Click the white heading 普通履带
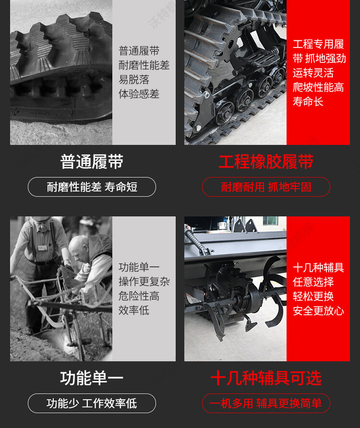point(92,162)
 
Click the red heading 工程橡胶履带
point(266,162)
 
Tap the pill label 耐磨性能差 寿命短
point(92,187)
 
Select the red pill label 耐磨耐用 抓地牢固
point(266,187)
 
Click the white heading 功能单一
point(92,378)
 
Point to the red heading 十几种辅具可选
point(266,378)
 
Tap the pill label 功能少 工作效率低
point(92,404)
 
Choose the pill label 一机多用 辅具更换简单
point(266,404)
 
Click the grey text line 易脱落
point(134,80)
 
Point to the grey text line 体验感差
point(139,94)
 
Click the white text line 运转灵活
point(313,73)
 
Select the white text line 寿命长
point(308,102)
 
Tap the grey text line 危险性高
point(139,296)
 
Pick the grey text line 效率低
point(134,310)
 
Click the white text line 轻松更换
point(313,296)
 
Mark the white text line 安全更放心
point(318,310)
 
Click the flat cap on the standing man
point(41,219)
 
